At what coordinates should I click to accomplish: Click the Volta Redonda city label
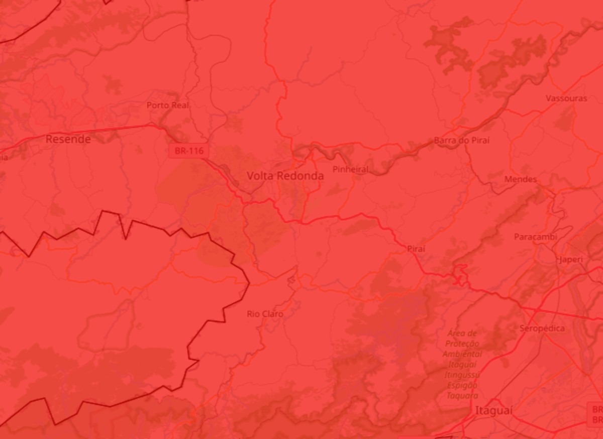click(x=285, y=176)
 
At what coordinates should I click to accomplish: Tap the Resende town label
click(x=68, y=139)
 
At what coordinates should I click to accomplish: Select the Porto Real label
click(x=168, y=105)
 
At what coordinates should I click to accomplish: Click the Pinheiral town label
click(x=350, y=170)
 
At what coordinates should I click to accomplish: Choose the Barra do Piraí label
click(x=461, y=141)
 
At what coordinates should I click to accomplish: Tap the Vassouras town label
click(x=566, y=98)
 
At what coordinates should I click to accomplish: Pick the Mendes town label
click(x=520, y=179)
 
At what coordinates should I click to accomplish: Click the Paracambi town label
click(x=535, y=237)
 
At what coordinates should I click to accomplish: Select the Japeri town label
click(x=571, y=260)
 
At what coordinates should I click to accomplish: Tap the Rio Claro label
click(x=265, y=314)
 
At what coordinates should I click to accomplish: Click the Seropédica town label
click(x=542, y=328)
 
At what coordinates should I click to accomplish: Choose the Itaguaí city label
click(x=493, y=411)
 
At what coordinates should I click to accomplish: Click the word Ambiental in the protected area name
click(x=461, y=354)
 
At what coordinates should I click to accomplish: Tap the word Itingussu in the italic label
click(x=461, y=375)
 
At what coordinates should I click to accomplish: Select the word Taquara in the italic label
click(x=462, y=396)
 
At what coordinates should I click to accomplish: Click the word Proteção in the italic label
click(x=462, y=344)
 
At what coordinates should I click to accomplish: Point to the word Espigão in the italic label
click(x=462, y=385)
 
